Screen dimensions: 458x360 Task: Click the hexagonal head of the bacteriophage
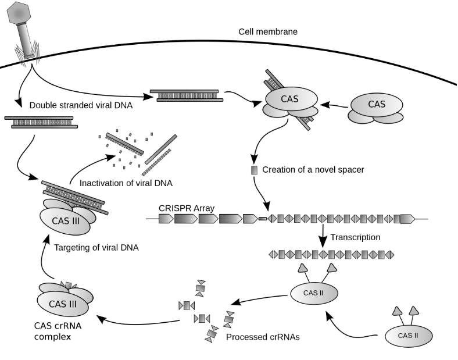[x=19, y=13]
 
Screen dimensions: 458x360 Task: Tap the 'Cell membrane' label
[x=268, y=31]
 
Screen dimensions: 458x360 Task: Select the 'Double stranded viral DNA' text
[x=81, y=105]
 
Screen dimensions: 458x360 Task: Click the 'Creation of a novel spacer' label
[x=313, y=169]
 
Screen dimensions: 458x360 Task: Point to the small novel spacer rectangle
[x=255, y=170]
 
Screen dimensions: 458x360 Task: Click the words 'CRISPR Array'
[x=187, y=208]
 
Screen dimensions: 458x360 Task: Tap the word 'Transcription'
[x=355, y=237]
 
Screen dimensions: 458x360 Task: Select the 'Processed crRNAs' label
[x=263, y=337]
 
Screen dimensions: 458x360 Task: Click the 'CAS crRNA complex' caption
[x=58, y=331]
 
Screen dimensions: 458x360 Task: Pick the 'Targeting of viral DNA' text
[x=96, y=248]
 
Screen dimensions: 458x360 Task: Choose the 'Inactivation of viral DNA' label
[x=126, y=183]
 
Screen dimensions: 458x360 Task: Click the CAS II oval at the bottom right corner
[x=408, y=336]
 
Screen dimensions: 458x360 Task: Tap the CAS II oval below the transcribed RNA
[x=314, y=293]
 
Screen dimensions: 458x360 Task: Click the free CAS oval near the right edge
[x=377, y=105]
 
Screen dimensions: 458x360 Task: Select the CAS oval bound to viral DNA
[x=292, y=99]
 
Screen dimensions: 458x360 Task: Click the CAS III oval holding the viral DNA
[x=65, y=221]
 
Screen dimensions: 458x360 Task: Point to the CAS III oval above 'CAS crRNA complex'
[x=63, y=304]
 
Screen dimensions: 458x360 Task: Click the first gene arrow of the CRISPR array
[x=166, y=219]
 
